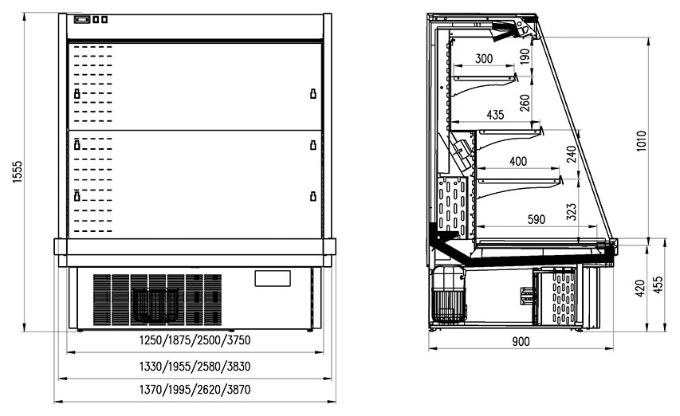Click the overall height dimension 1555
[x=18, y=171]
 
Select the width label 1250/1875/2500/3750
[x=195, y=340]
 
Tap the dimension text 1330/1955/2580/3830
[x=195, y=367]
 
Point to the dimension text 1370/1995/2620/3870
[x=195, y=390]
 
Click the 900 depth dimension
[x=521, y=341]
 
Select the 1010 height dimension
[x=642, y=140]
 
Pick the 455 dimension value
[x=658, y=285]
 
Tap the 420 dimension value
[x=640, y=288]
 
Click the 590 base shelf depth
[x=536, y=219]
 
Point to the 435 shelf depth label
[x=495, y=115]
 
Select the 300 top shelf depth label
[x=484, y=58]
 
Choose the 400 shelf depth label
[x=518, y=161]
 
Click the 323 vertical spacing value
[x=572, y=211]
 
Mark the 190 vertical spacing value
[x=525, y=57]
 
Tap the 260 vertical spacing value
[x=525, y=103]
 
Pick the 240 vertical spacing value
[x=572, y=155]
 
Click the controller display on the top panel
[x=82, y=19]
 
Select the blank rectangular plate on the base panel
[x=273, y=278]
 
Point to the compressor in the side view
[x=449, y=295]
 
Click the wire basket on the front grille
[x=155, y=305]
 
